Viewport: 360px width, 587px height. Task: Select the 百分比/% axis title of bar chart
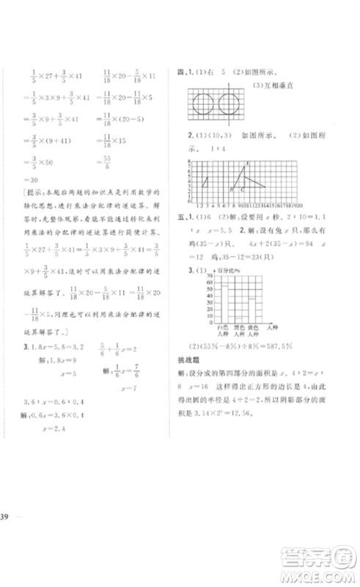[x=218, y=270]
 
